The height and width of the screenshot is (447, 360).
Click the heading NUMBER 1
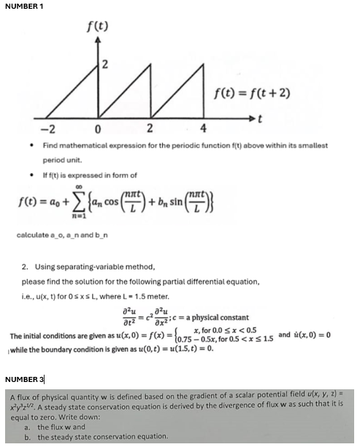24,6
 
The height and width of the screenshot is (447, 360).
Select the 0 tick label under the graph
96,130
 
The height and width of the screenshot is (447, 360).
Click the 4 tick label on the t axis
203,130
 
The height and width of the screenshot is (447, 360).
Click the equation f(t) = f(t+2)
244,91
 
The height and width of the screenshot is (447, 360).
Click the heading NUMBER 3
24,379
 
